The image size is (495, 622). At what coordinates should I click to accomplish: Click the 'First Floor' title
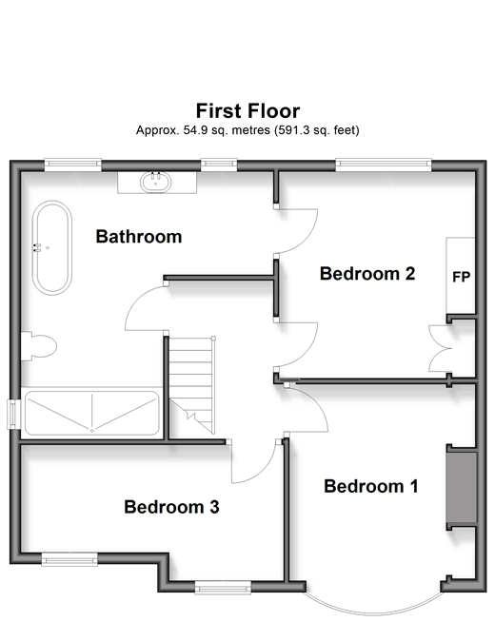(x=247, y=110)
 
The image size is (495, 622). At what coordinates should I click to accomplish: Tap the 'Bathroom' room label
(x=139, y=237)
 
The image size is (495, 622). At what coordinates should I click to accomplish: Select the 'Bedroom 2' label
(x=367, y=274)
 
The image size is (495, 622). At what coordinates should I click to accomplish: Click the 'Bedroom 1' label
(x=370, y=486)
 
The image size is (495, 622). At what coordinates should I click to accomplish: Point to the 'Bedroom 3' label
(x=171, y=507)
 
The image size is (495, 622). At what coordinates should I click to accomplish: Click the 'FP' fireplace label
(x=462, y=277)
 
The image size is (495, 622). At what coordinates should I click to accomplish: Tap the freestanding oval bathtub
(x=52, y=248)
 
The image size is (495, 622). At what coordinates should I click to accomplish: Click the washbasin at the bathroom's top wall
(x=156, y=182)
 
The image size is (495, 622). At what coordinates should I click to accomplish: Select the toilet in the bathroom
(x=38, y=346)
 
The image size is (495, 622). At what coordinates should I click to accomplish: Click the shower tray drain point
(x=92, y=431)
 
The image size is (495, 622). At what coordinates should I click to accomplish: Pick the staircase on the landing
(x=192, y=385)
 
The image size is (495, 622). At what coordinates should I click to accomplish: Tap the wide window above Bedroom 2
(x=384, y=165)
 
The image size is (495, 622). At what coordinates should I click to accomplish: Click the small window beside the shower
(x=13, y=414)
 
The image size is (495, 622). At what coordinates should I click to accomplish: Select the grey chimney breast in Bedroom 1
(x=462, y=488)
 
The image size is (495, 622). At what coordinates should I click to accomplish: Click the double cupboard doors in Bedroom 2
(x=440, y=349)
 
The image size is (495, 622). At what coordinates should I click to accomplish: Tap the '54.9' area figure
(x=195, y=130)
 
